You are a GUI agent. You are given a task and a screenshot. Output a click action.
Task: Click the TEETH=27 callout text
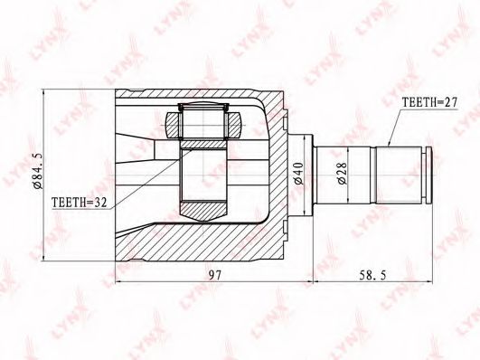pyautogui.click(x=429, y=102)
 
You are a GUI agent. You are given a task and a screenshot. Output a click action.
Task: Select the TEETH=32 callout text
pyautogui.click(x=80, y=203)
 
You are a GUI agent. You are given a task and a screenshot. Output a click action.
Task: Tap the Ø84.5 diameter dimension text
pyautogui.click(x=39, y=172)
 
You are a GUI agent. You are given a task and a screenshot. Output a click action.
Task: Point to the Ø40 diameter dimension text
pyautogui.click(x=298, y=174)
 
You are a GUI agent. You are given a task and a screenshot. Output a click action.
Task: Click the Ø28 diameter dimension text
pyautogui.click(x=343, y=174)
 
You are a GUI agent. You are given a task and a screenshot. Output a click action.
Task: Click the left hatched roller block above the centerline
pyautogui.click(x=174, y=125)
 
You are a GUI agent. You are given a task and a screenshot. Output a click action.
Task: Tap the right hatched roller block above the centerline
pyautogui.click(x=233, y=125)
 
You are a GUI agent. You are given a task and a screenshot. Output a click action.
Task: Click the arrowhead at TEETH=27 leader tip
pyautogui.click(x=389, y=144)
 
